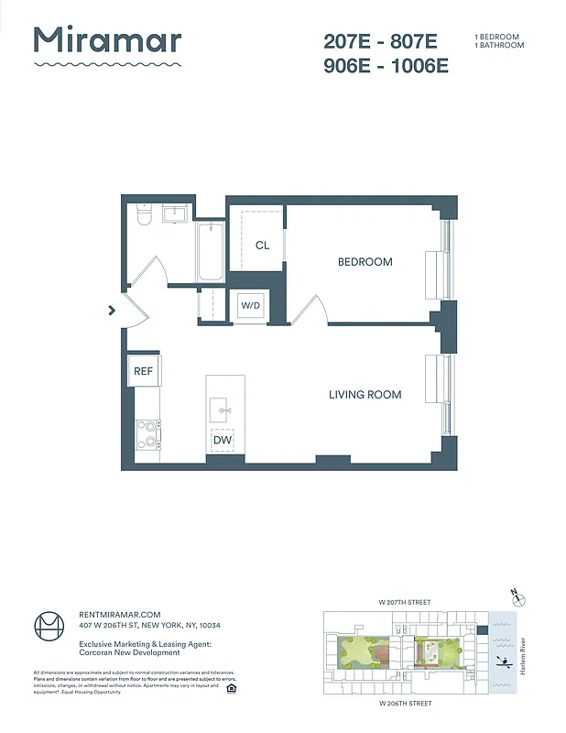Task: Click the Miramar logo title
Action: (x=107, y=40)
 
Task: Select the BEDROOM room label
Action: (x=365, y=262)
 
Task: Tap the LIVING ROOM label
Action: (x=365, y=395)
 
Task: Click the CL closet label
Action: (x=262, y=245)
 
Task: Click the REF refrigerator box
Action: (x=144, y=371)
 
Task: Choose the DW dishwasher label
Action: (x=222, y=441)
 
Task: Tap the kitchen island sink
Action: (x=222, y=409)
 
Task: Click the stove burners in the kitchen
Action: (x=147, y=434)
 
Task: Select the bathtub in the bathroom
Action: (x=210, y=251)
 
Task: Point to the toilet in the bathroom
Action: (x=142, y=215)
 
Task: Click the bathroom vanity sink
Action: (x=176, y=214)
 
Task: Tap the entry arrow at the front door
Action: (x=112, y=311)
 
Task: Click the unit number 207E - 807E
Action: (x=381, y=41)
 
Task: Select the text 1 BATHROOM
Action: (x=499, y=45)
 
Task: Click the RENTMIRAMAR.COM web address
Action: (x=119, y=615)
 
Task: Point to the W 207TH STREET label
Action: (x=404, y=602)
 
